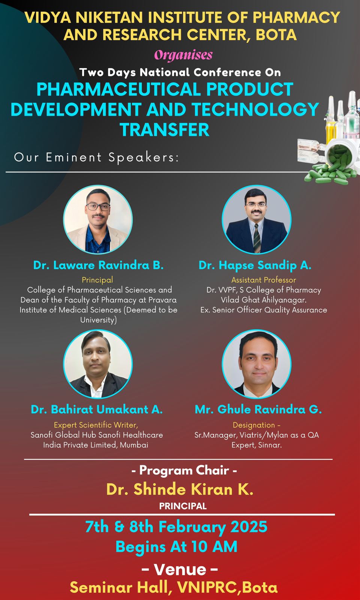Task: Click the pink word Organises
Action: point(183,55)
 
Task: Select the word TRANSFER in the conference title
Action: point(164,130)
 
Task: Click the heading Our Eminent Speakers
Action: point(96,157)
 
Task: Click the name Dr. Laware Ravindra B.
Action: point(98,265)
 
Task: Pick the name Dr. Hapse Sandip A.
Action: point(255,265)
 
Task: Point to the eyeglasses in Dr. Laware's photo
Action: point(98,207)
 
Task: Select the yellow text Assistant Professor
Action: point(264,280)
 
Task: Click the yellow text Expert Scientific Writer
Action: point(96,425)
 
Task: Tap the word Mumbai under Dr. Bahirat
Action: point(134,445)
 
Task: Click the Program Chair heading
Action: point(184,470)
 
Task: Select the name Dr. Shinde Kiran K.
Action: point(180,489)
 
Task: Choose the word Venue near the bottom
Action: point(180,569)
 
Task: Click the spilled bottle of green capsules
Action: point(336,159)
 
